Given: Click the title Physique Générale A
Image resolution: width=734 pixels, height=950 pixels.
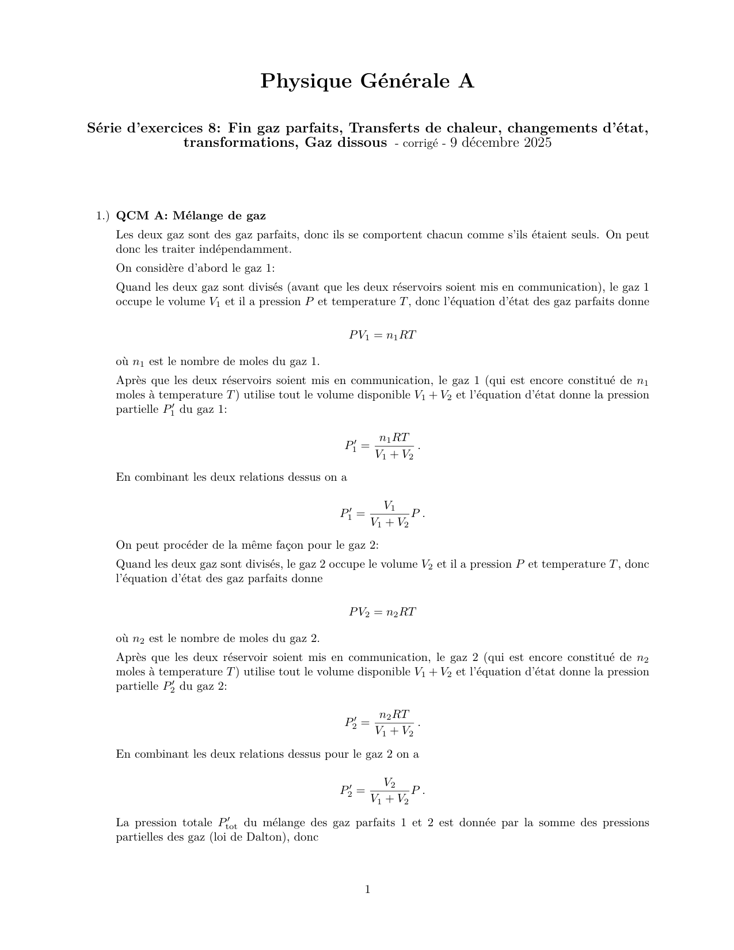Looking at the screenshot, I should pyautogui.click(x=367, y=82).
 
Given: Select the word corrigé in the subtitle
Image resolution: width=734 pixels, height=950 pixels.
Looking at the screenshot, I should pyautogui.click(x=422, y=143).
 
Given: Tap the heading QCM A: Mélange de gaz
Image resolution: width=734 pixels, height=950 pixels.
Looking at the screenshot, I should pyautogui.click(x=191, y=216).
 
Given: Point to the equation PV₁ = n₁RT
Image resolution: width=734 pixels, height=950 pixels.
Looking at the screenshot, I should pyautogui.click(x=382, y=335).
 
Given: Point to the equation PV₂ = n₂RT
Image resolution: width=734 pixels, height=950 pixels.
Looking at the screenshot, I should pyautogui.click(x=382, y=612).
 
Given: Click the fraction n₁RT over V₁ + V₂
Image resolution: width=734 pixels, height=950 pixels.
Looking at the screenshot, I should pyautogui.click(x=394, y=446).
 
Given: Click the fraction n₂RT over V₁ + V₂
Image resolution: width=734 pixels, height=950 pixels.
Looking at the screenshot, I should pyautogui.click(x=394, y=723).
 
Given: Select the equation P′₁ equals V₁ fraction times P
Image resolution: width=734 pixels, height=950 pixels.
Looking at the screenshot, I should pyautogui.click(x=382, y=514).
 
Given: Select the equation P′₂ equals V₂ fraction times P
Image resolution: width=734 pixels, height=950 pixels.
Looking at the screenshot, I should pyautogui.click(x=382, y=791).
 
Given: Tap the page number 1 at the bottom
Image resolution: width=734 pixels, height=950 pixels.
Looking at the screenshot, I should pyautogui.click(x=367, y=890).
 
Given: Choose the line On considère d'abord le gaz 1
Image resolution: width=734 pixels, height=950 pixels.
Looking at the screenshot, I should pyautogui.click(x=196, y=268).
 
